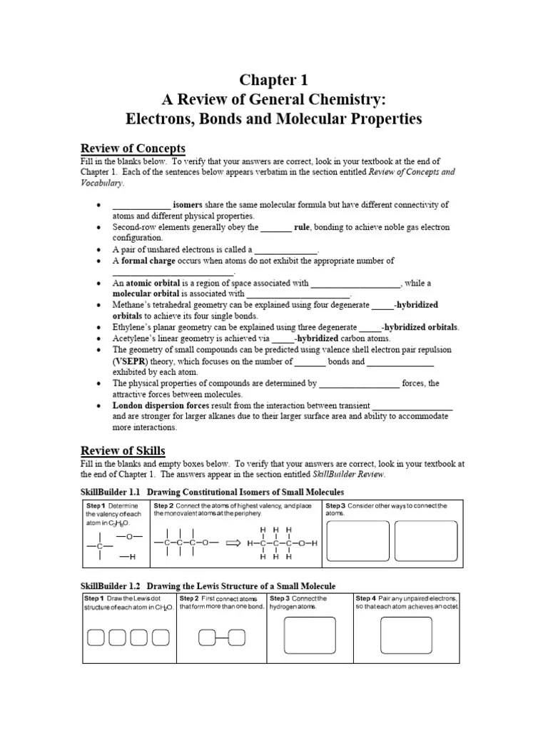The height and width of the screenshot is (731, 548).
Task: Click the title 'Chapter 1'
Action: coord(275,79)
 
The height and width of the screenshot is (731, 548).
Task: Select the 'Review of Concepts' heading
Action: coord(133,148)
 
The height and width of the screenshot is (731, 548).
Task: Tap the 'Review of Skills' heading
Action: coord(123,450)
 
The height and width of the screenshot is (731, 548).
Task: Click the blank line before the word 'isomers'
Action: coord(141,205)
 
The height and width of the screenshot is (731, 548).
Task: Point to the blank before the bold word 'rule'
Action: coord(275,228)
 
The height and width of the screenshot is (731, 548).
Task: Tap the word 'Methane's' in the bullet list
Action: coord(132,305)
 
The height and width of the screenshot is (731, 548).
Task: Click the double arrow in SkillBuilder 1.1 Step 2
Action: coord(232,543)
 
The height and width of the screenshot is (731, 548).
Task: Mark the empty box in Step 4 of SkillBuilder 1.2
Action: coord(406,632)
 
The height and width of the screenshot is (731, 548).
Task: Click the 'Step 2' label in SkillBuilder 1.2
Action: coord(189,598)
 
